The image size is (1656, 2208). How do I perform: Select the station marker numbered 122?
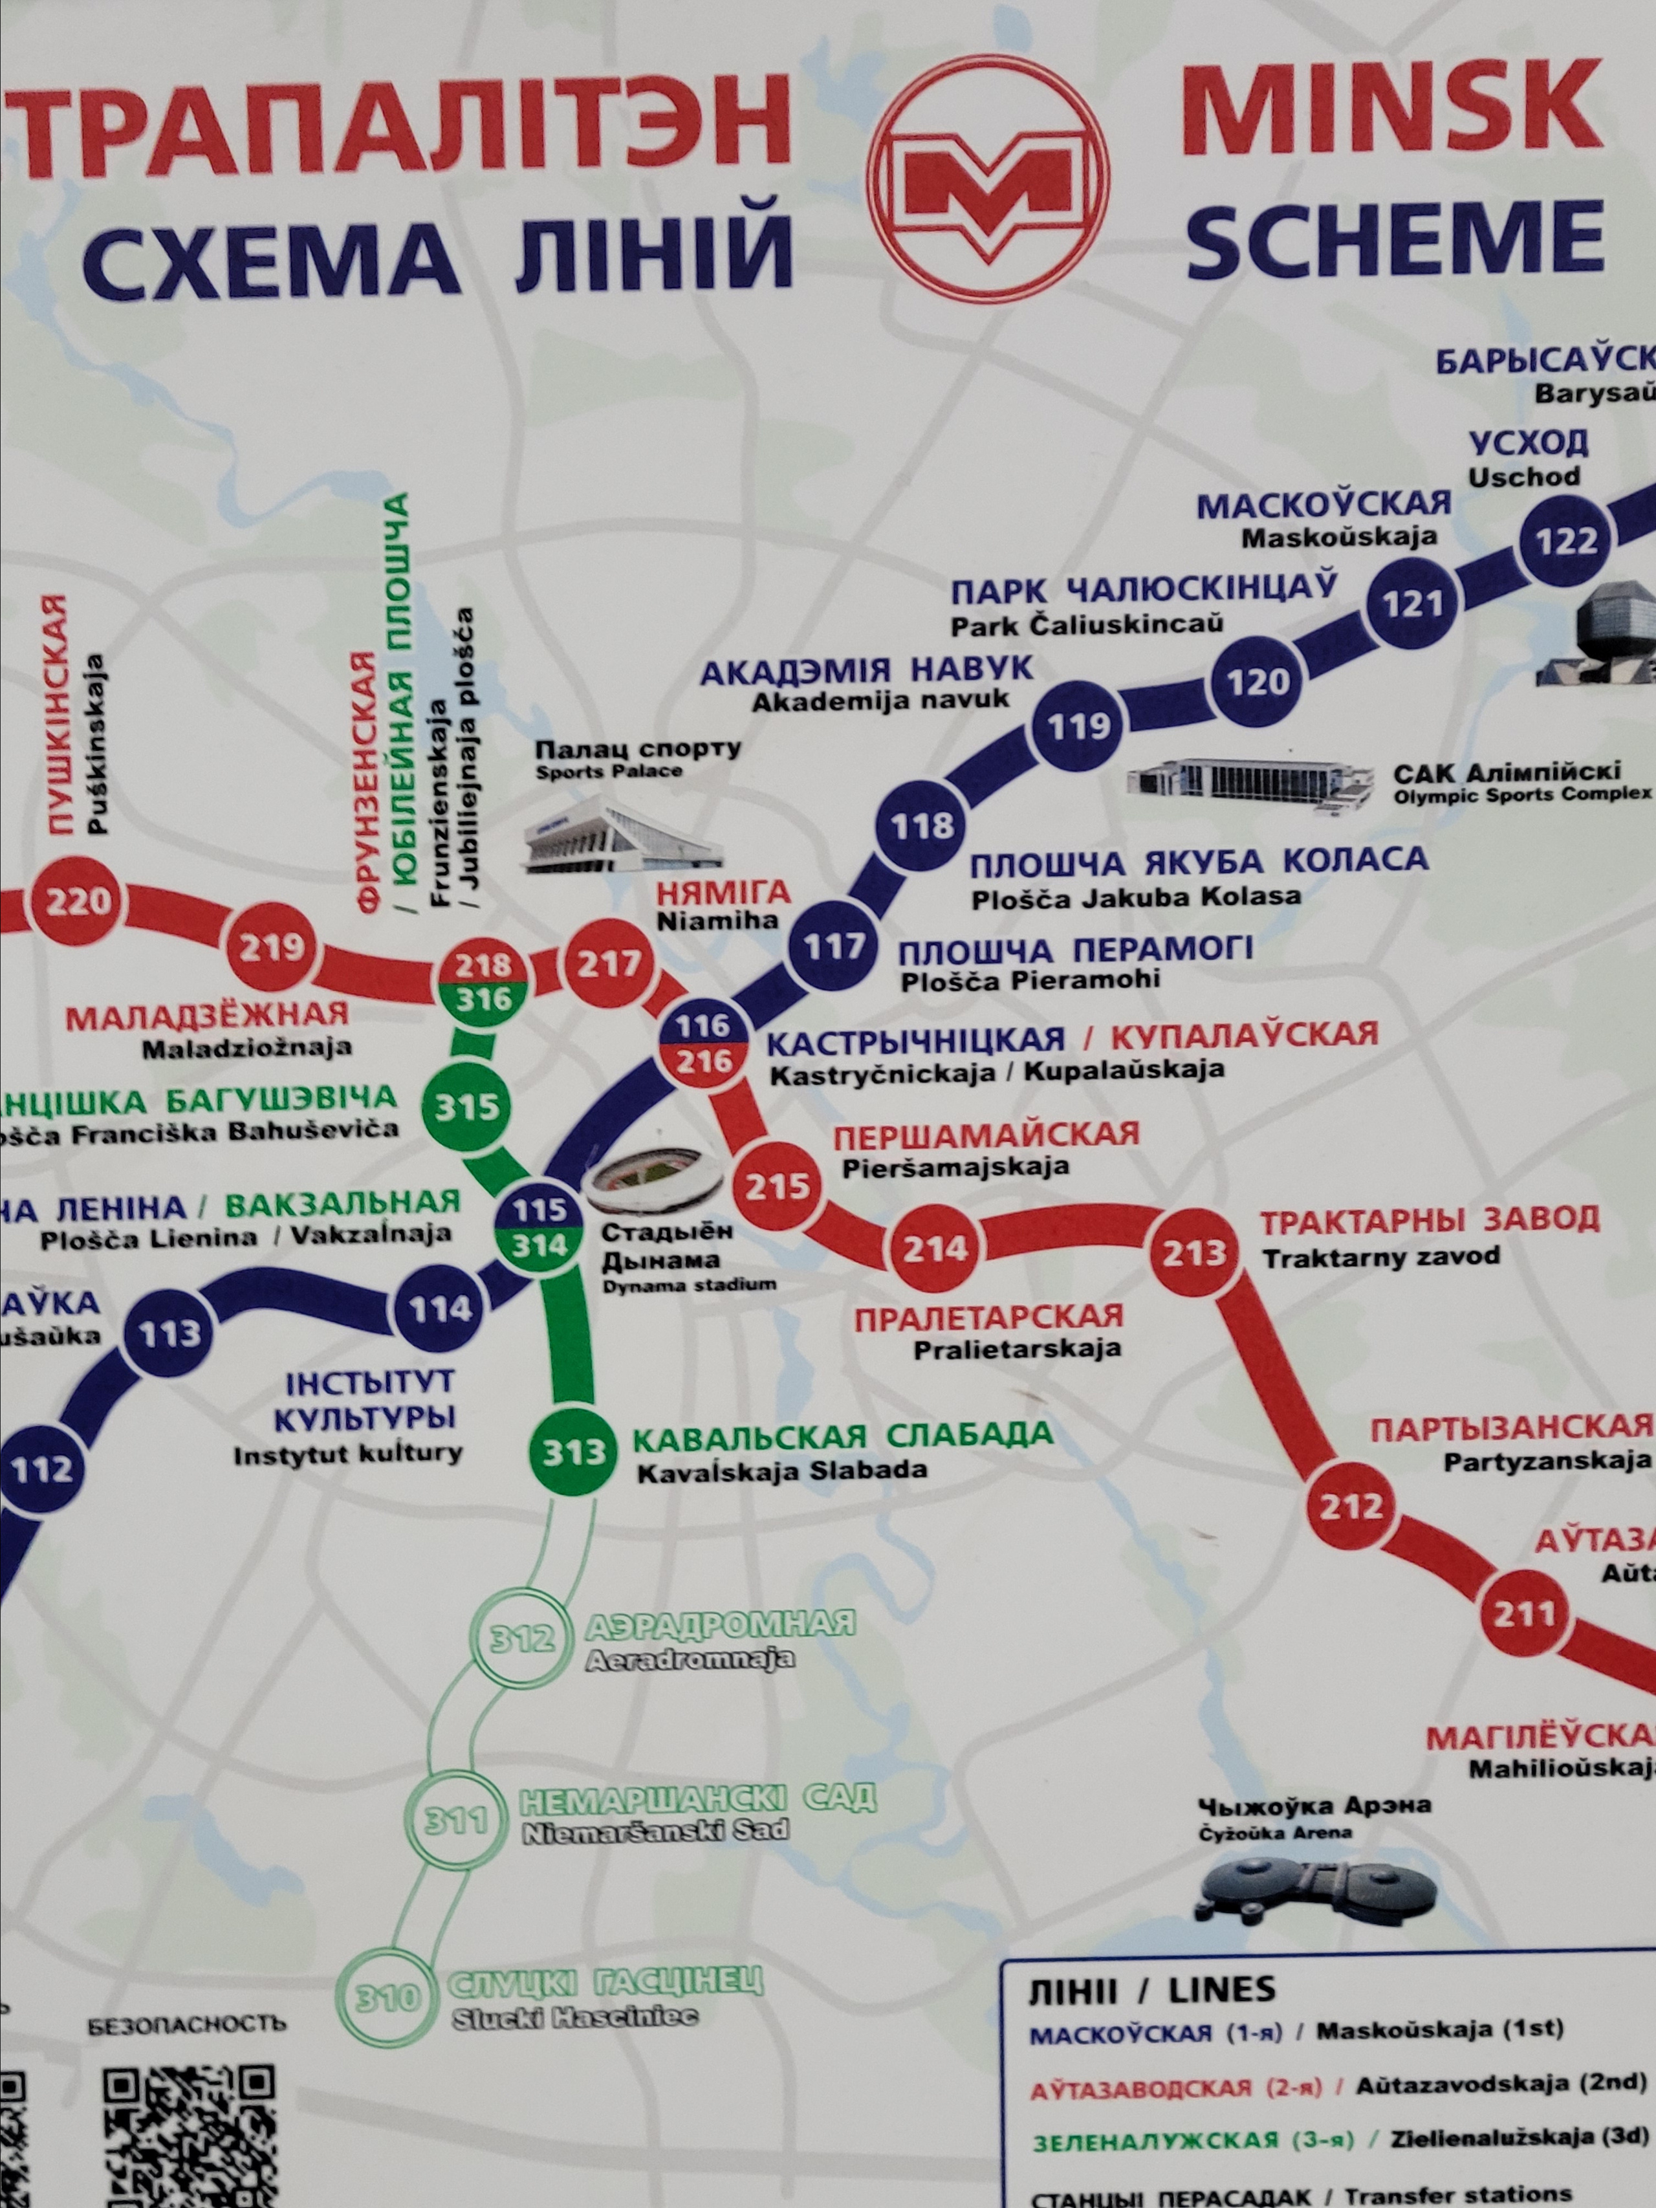(x=1566, y=541)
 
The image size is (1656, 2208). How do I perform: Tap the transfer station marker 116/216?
(x=704, y=1043)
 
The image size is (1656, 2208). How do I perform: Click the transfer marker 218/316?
(x=484, y=981)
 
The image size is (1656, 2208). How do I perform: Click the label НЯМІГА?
(x=723, y=892)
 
